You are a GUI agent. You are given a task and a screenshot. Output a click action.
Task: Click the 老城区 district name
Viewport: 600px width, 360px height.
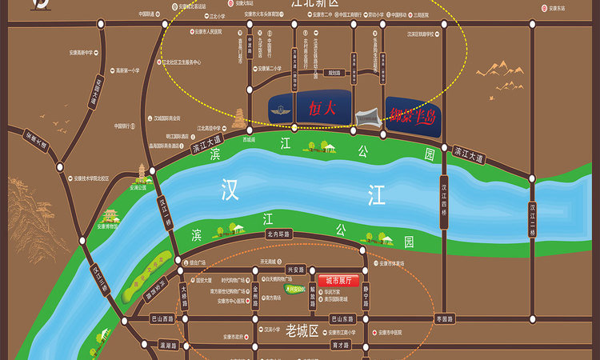pyautogui.click(x=302, y=330)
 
